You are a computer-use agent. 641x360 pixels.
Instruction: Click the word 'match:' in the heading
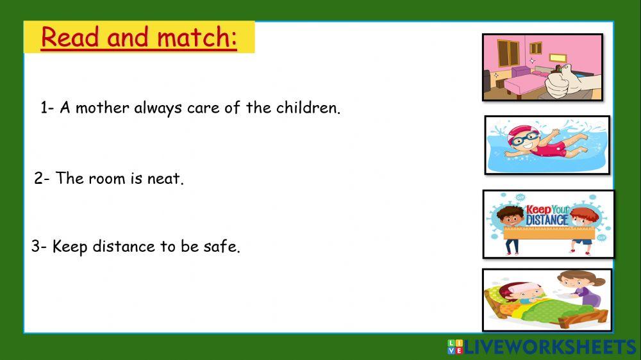pyautogui.click(x=197, y=37)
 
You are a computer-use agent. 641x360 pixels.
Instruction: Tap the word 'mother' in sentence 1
pyautogui.click(x=102, y=108)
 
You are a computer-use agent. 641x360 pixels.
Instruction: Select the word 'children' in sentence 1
pyautogui.click(x=308, y=108)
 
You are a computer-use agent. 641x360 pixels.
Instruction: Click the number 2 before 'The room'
pyautogui.click(x=39, y=179)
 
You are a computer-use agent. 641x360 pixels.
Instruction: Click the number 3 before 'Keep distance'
pyautogui.click(x=36, y=247)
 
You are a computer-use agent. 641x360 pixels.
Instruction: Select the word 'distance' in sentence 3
pyautogui.click(x=124, y=247)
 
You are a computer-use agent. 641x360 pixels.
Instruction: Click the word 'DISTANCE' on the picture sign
pyautogui.click(x=547, y=220)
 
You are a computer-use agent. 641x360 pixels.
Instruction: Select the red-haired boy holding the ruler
pyautogui.click(x=584, y=229)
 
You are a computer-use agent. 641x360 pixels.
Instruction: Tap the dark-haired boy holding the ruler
pyautogui.click(x=510, y=229)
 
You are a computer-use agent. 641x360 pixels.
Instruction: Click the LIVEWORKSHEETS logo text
pyautogui.click(x=551, y=347)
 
